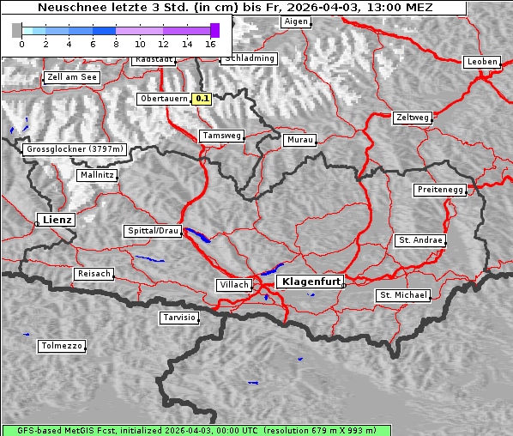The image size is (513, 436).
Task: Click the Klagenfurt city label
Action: pos(311,281)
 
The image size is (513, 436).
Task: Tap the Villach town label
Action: pos(233,284)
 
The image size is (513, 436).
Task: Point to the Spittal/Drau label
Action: pos(154,231)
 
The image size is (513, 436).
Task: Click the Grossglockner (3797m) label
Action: pos(75,149)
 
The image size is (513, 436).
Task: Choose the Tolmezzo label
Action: pos(62,346)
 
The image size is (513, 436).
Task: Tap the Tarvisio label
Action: pos(179,318)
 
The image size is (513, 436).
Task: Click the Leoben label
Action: pos(480,62)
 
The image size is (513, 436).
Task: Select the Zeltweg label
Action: pos(412,117)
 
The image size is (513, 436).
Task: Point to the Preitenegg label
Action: pos(440,189)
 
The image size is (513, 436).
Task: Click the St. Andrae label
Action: pos(419,240)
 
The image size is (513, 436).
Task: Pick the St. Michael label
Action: pos(403,295)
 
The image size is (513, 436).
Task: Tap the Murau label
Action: pos(300,139)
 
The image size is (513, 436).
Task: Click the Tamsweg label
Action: pos(222,136)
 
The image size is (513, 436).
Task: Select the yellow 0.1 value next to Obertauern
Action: pos(202,99)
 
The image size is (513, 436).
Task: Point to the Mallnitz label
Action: pos(96,175)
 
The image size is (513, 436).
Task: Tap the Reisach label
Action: pos(94,274)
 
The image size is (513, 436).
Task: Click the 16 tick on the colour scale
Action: pos(210,44)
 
